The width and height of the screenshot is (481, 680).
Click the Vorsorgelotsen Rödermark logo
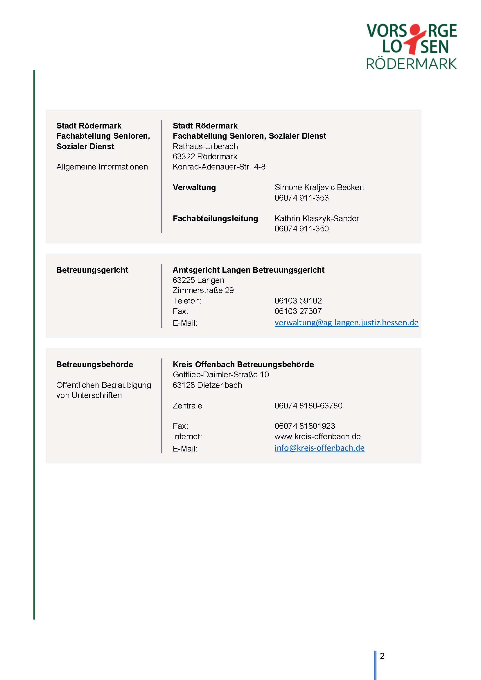pyautogui.click(x=411, y=47)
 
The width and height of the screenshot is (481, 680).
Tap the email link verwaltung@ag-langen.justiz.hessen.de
pyautogui.click(x=346, y=322)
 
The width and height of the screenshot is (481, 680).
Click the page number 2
pyautogui.click(x=382, y=656)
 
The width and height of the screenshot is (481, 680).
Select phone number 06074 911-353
pyautogui.click(x=301, y=198)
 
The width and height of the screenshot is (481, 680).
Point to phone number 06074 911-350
pyautogui.click(x=301, y=229)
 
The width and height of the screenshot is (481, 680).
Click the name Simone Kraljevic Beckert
pyautogui.click(x=319, y=187)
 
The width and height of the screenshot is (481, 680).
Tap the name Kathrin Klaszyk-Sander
pyautogui.click(x=317, y=218)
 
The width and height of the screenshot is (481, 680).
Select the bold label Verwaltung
pyautogui.click(x=194, y=187)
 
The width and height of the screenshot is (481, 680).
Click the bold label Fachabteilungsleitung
pyautogui.click(x=215, y=218)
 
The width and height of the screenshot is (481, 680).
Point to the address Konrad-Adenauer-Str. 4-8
pyautogui.click(x=219, y=167)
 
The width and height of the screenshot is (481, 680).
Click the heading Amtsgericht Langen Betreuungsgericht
pyautogui.click(x=249, y=270)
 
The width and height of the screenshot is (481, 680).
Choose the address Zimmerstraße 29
pyautogui.click(x=203, y=290)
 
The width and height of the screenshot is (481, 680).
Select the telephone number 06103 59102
pyautogui.click(x=298, y=301)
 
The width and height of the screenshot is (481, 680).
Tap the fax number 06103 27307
pyautogui.click(x=298, y=311)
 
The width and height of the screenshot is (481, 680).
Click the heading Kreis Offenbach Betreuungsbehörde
pyautogui.click(x=243, y=364)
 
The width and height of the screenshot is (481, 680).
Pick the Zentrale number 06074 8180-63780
pyautogui.click(x=308, y=406)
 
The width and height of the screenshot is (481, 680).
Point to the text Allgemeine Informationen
pyautogui.click(x=102, y=167)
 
